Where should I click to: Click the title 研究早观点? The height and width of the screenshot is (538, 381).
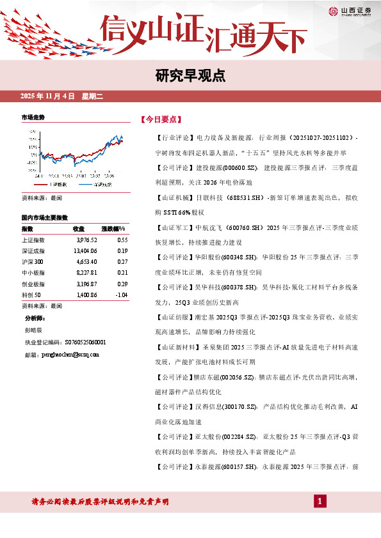(x=190, y=76)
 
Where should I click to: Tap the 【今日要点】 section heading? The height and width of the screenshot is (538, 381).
(x=161, y=119)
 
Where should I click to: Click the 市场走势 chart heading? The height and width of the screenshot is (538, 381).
(x=33, y=118)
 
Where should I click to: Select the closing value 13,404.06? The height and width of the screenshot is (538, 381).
(x=85, y=251)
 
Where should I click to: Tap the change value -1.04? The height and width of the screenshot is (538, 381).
(x=120, y=295)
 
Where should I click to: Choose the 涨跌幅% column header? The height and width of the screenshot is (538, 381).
(x=113, y=229)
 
